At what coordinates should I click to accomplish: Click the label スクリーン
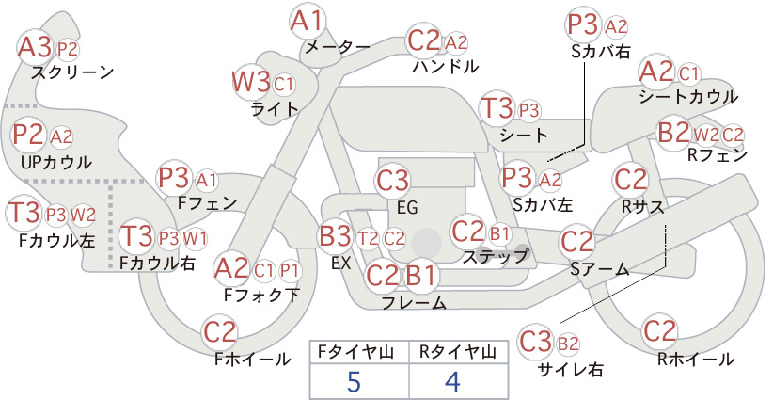[x=72, y=72]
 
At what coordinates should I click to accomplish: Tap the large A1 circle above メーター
[x=308, y=22]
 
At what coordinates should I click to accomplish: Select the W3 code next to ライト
[x=251, y=82]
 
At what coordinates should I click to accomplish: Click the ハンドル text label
[x=446, y=66]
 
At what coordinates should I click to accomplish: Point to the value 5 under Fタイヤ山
[x=354, y=381]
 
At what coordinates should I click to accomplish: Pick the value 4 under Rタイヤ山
[x=452, y=381]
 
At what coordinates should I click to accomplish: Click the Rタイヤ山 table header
[x=458, y=352]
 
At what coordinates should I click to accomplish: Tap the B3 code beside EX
[x=337, y=237]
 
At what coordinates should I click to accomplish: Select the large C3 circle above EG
[x=392, y=181]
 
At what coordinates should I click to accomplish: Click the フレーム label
[x=414, y=302]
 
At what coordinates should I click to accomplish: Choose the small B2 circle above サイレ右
[x=568, y=344]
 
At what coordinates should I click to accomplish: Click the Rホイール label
[x=696, y=360]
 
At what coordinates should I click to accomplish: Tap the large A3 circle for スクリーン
[x=35, y=48]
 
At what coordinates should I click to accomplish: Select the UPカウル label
[x=56, y=162]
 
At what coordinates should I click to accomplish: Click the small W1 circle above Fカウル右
[x=196, y=239]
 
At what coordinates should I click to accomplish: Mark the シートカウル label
[x=688, y=97]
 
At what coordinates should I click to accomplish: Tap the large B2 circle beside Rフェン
[x=674, y=132]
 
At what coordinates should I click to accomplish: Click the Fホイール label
[x=252, y=360]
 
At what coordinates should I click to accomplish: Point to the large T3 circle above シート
[x=497, y=108]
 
